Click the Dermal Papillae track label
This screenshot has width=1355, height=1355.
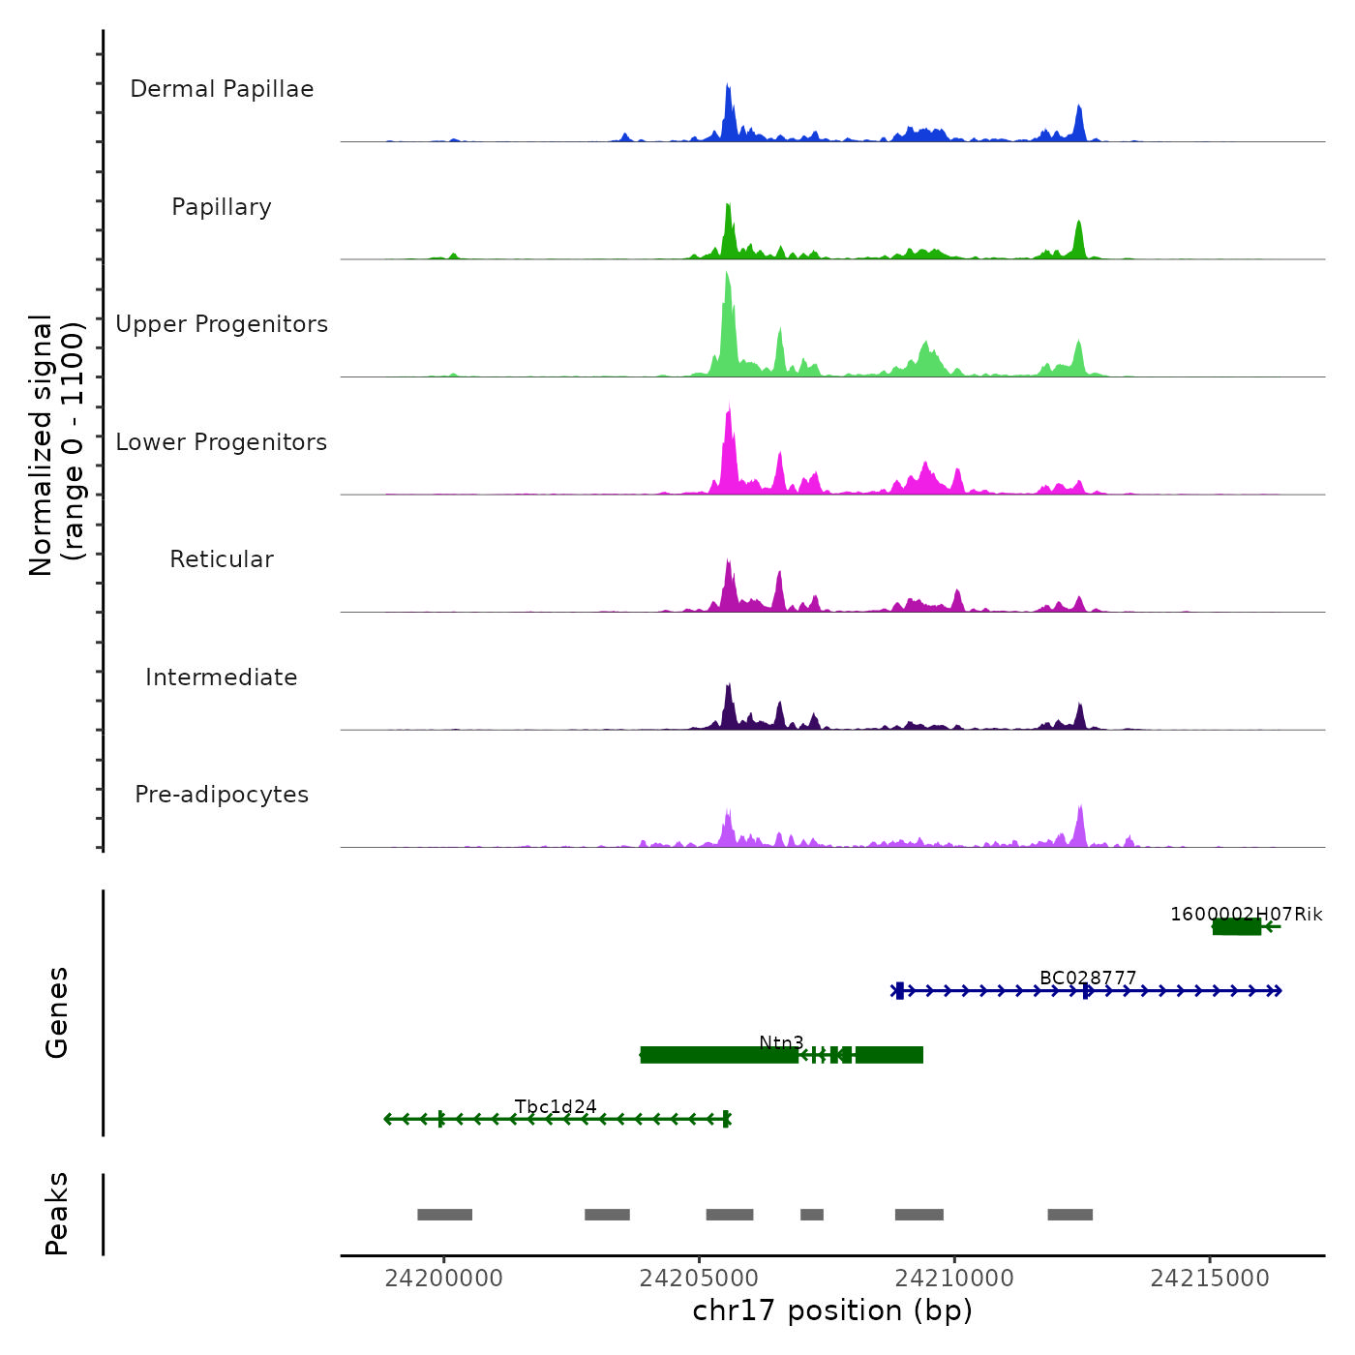coord(222,89)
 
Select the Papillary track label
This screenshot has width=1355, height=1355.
coord(222,207)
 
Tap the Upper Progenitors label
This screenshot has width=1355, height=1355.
coord(222,324)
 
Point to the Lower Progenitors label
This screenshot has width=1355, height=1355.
coord(222,442)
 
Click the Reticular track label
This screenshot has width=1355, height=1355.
coord(222,559)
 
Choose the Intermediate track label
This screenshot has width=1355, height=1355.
coord(222,677)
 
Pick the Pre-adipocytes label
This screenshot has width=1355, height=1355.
coord(222,795)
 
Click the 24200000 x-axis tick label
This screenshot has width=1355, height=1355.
coord(444,1279)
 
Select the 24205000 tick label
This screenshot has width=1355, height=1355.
coord(699,1279)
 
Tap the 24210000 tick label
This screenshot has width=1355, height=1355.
coord(954,1279)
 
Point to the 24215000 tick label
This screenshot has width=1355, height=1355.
coord(1210,1279)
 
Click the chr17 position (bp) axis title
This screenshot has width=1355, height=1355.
coord(832,1311)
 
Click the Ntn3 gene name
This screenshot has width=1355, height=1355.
coord(781,1042)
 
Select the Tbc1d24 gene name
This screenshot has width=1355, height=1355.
coord(556,1107)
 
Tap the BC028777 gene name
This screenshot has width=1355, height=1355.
coord(1088,979)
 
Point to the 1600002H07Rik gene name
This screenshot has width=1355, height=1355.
coord(1246,915)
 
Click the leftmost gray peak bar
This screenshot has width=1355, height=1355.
coord(445,1215)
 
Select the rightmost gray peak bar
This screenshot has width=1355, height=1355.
coord(1069,1215)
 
